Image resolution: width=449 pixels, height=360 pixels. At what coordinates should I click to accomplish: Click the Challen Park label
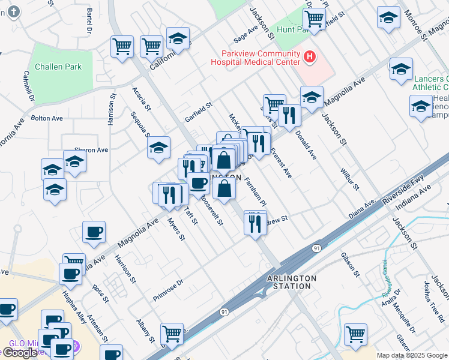(58, 67)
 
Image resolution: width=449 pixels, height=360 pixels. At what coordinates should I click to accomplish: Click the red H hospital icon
(310, 57)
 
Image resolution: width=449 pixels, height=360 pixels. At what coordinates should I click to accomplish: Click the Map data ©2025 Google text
(412, 355)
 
